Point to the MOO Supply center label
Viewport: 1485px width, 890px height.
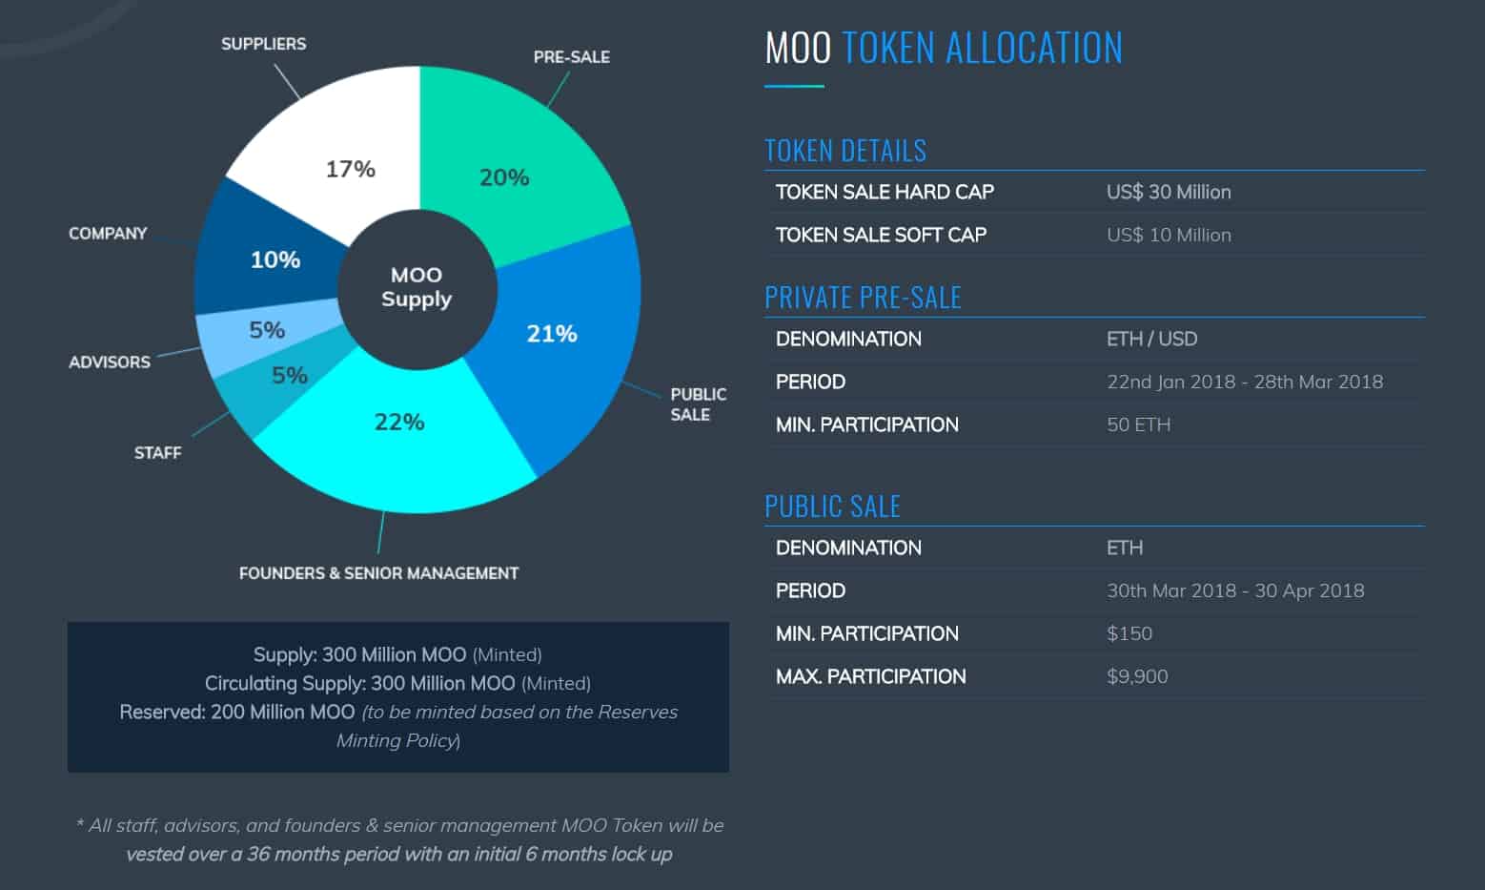tap(417, 287)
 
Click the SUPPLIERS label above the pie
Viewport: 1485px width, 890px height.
tap(263, 44)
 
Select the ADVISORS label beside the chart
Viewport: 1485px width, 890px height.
tap(110, 362)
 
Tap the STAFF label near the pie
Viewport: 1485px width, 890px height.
tap(157, 453)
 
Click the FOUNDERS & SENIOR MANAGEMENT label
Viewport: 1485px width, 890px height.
tap(378, 573)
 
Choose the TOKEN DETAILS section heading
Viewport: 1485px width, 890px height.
tap(845, 151)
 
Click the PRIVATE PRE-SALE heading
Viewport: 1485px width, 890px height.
tap(863, 298)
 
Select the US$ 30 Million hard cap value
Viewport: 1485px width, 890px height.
tap(1169, 192)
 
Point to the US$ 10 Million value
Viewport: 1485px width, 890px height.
tap(1169, 235)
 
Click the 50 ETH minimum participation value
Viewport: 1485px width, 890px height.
tap(1138, 424)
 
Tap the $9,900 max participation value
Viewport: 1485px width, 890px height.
tap(1137, 676)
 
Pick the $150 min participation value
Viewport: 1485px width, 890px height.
tap(1129, 633)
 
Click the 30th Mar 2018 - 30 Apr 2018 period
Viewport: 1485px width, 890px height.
tap(1235, 590)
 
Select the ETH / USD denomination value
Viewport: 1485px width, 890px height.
tap(1151, 339)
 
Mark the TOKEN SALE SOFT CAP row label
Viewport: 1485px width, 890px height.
tap(881, 235)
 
